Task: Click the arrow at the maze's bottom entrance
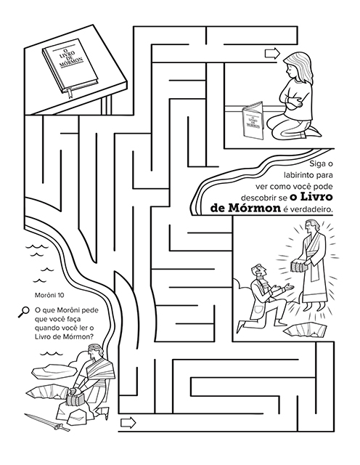pos(128,422)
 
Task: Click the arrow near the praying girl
pos(272,53)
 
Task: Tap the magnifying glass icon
pos(24,312)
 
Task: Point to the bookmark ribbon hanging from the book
pos(70,93)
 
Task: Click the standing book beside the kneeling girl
pos(253,120)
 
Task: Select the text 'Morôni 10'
pos(49,296)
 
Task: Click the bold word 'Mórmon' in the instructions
pos(254,208)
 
